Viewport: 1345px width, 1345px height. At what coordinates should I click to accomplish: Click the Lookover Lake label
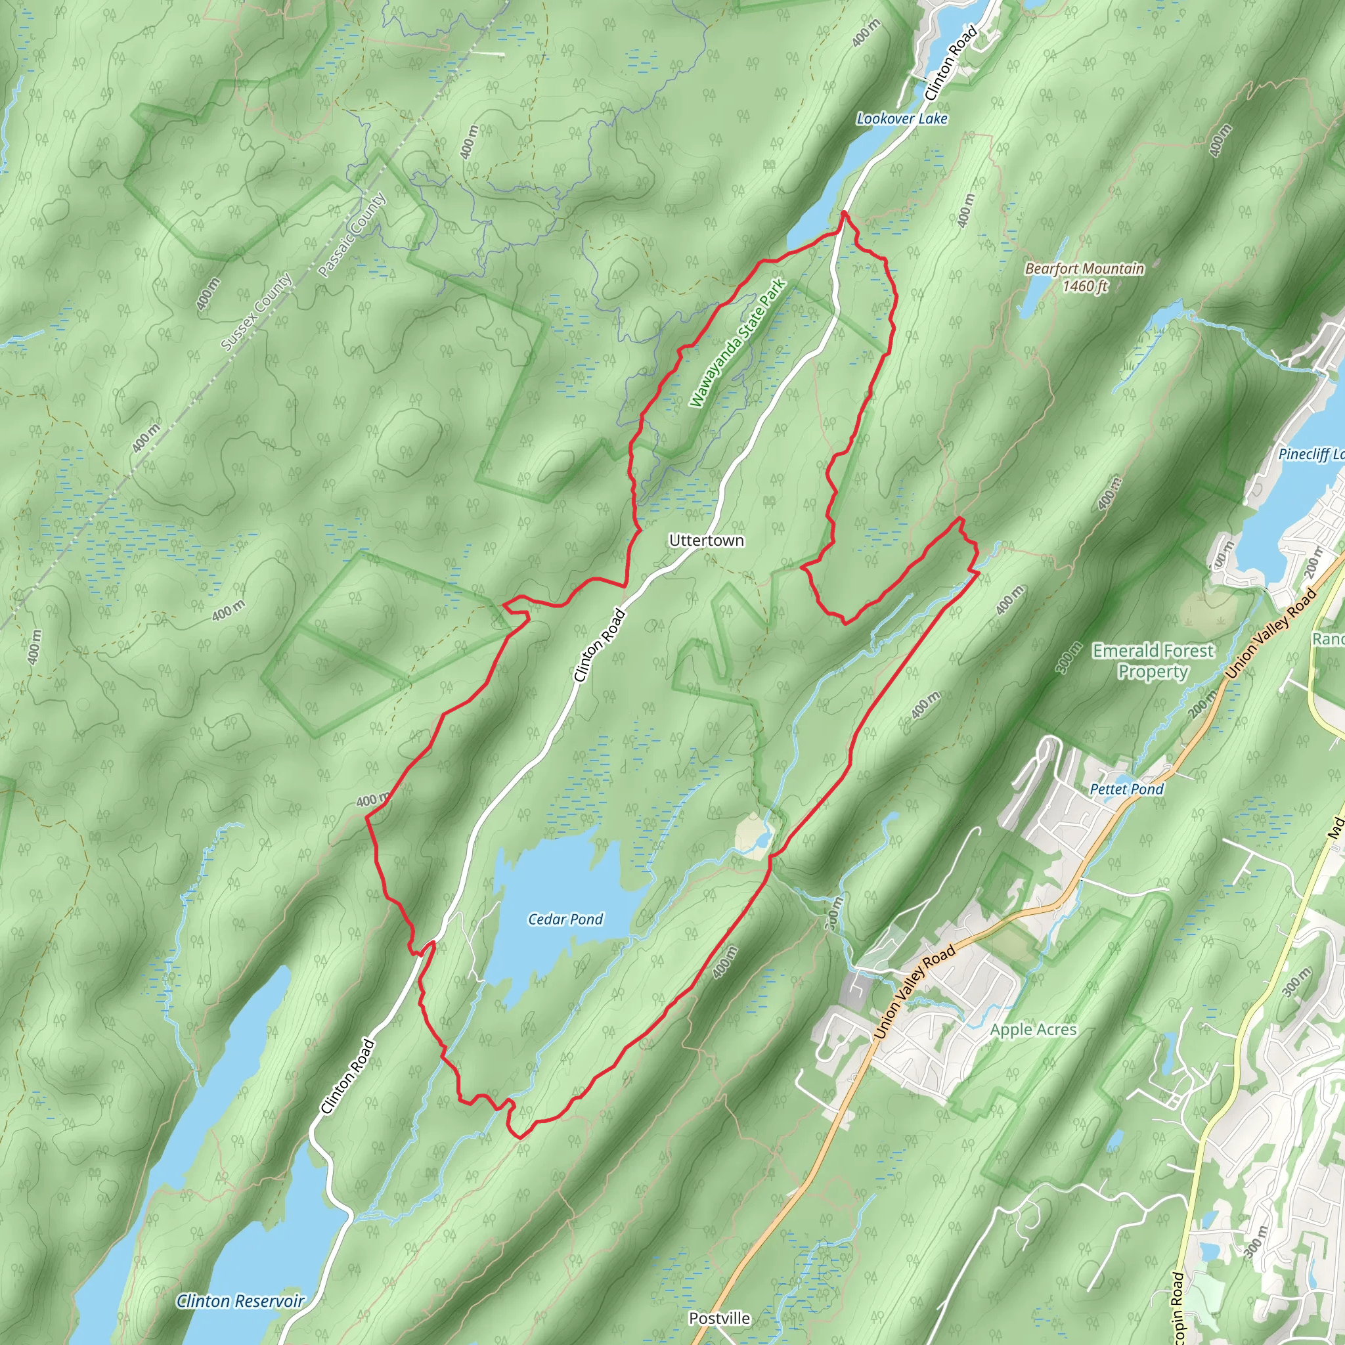(902, 119)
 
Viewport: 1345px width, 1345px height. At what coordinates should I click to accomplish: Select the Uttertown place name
(706, 540)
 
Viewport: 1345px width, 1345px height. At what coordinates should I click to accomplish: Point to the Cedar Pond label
(565, 919)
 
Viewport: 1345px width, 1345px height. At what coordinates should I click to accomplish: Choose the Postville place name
(719, 1318)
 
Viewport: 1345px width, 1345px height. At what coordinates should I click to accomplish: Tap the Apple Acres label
(1033, 1030)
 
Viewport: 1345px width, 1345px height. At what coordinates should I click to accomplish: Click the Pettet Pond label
(1126, 789)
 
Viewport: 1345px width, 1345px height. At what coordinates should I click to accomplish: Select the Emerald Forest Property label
(1153, 661)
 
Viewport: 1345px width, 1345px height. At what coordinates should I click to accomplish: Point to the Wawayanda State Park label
(738, 343)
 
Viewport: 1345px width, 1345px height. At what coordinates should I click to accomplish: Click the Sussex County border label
(256, 312)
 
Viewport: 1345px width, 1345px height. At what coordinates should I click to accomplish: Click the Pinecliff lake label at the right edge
(1310, 454)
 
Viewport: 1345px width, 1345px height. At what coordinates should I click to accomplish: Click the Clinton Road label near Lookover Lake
(951, 62)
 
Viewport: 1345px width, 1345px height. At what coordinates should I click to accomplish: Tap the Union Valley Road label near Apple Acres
(914, 992)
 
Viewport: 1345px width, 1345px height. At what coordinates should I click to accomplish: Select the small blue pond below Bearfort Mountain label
(1033, 298)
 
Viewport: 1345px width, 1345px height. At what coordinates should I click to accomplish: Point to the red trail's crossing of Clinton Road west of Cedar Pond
(426, 948)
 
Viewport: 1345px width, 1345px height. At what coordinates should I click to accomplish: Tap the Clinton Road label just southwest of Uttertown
(599, 646)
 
